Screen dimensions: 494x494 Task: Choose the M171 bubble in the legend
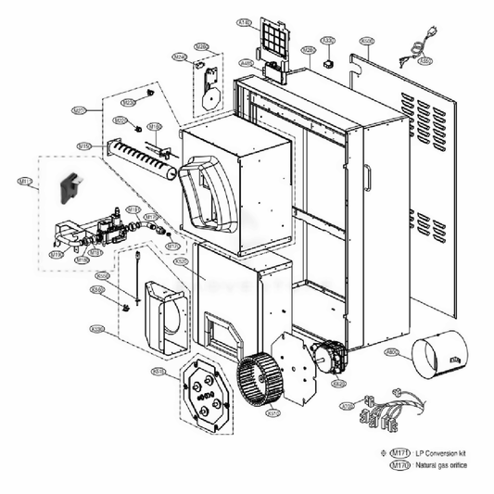[399, 452]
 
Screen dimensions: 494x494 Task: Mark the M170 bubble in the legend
[399, 466]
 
